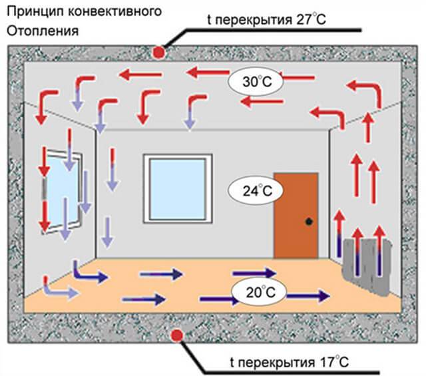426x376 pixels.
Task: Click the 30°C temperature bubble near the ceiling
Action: point(256,81)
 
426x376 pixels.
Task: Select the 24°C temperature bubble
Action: point(256,190)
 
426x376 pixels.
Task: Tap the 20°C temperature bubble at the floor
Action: point(259,292)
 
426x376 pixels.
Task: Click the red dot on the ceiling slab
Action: point(158,52)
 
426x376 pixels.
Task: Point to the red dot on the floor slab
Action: point(177,336)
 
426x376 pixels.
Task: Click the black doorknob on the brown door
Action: point(309,222)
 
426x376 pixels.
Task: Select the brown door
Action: point(296,215)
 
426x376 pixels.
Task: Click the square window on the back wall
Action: point(178,189)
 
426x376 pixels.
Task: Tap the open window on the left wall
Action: point(62,192)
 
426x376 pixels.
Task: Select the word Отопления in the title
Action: point(43,31)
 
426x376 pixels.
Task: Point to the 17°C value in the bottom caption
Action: point(334,362)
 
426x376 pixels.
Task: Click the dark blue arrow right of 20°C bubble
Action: point(309,296)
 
